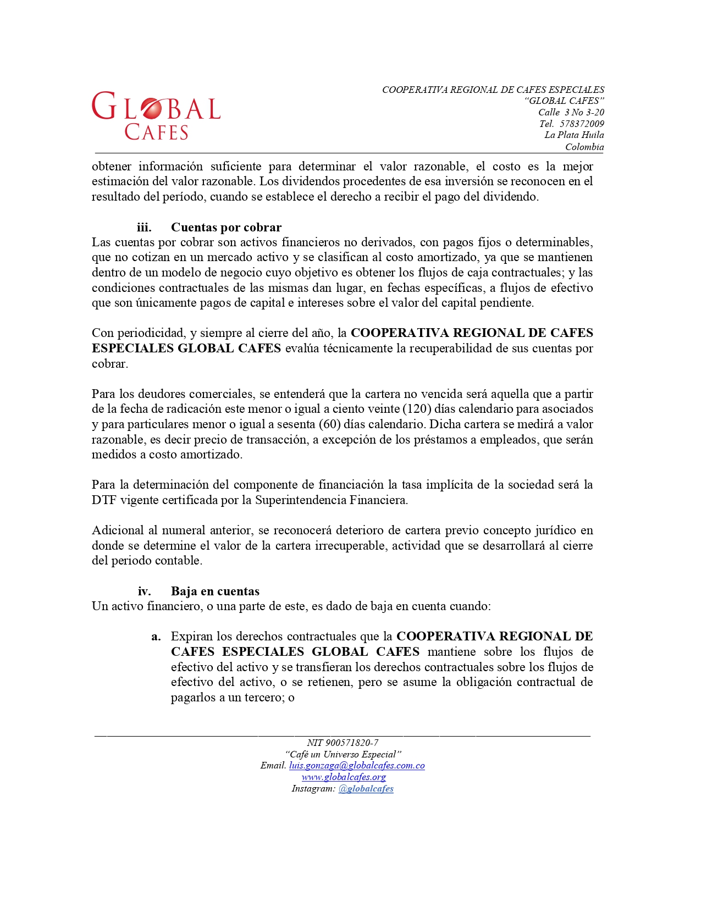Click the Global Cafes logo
156,115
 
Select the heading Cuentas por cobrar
226,228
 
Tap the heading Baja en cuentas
215,591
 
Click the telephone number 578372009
582,124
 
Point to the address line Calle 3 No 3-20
571,112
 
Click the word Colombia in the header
584,147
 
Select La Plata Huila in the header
574,135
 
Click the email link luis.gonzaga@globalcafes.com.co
357,766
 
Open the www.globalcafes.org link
344,777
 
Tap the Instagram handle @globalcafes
366,789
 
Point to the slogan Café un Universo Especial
343,754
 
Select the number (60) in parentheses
330,424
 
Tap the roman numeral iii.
144,228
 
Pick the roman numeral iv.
144,591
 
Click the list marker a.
156,637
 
